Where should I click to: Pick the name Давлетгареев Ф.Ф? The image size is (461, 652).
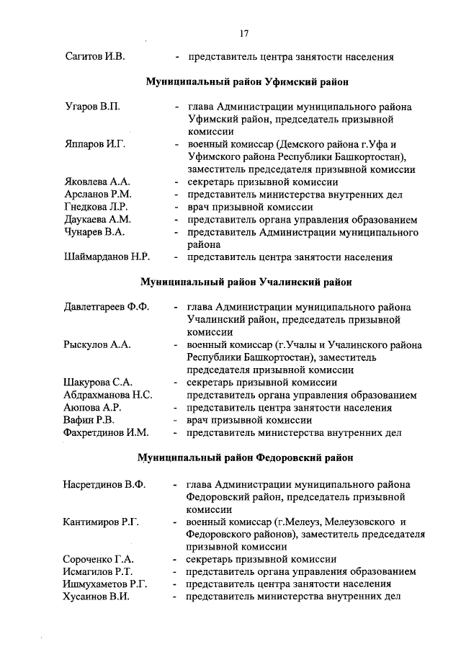107,308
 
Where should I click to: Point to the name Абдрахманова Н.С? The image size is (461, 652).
107,395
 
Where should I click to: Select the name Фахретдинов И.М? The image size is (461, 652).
106,433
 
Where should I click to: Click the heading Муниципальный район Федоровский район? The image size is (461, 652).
246,458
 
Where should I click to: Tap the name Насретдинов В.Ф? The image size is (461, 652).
105,484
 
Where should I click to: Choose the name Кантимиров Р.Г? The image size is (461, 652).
102,522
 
